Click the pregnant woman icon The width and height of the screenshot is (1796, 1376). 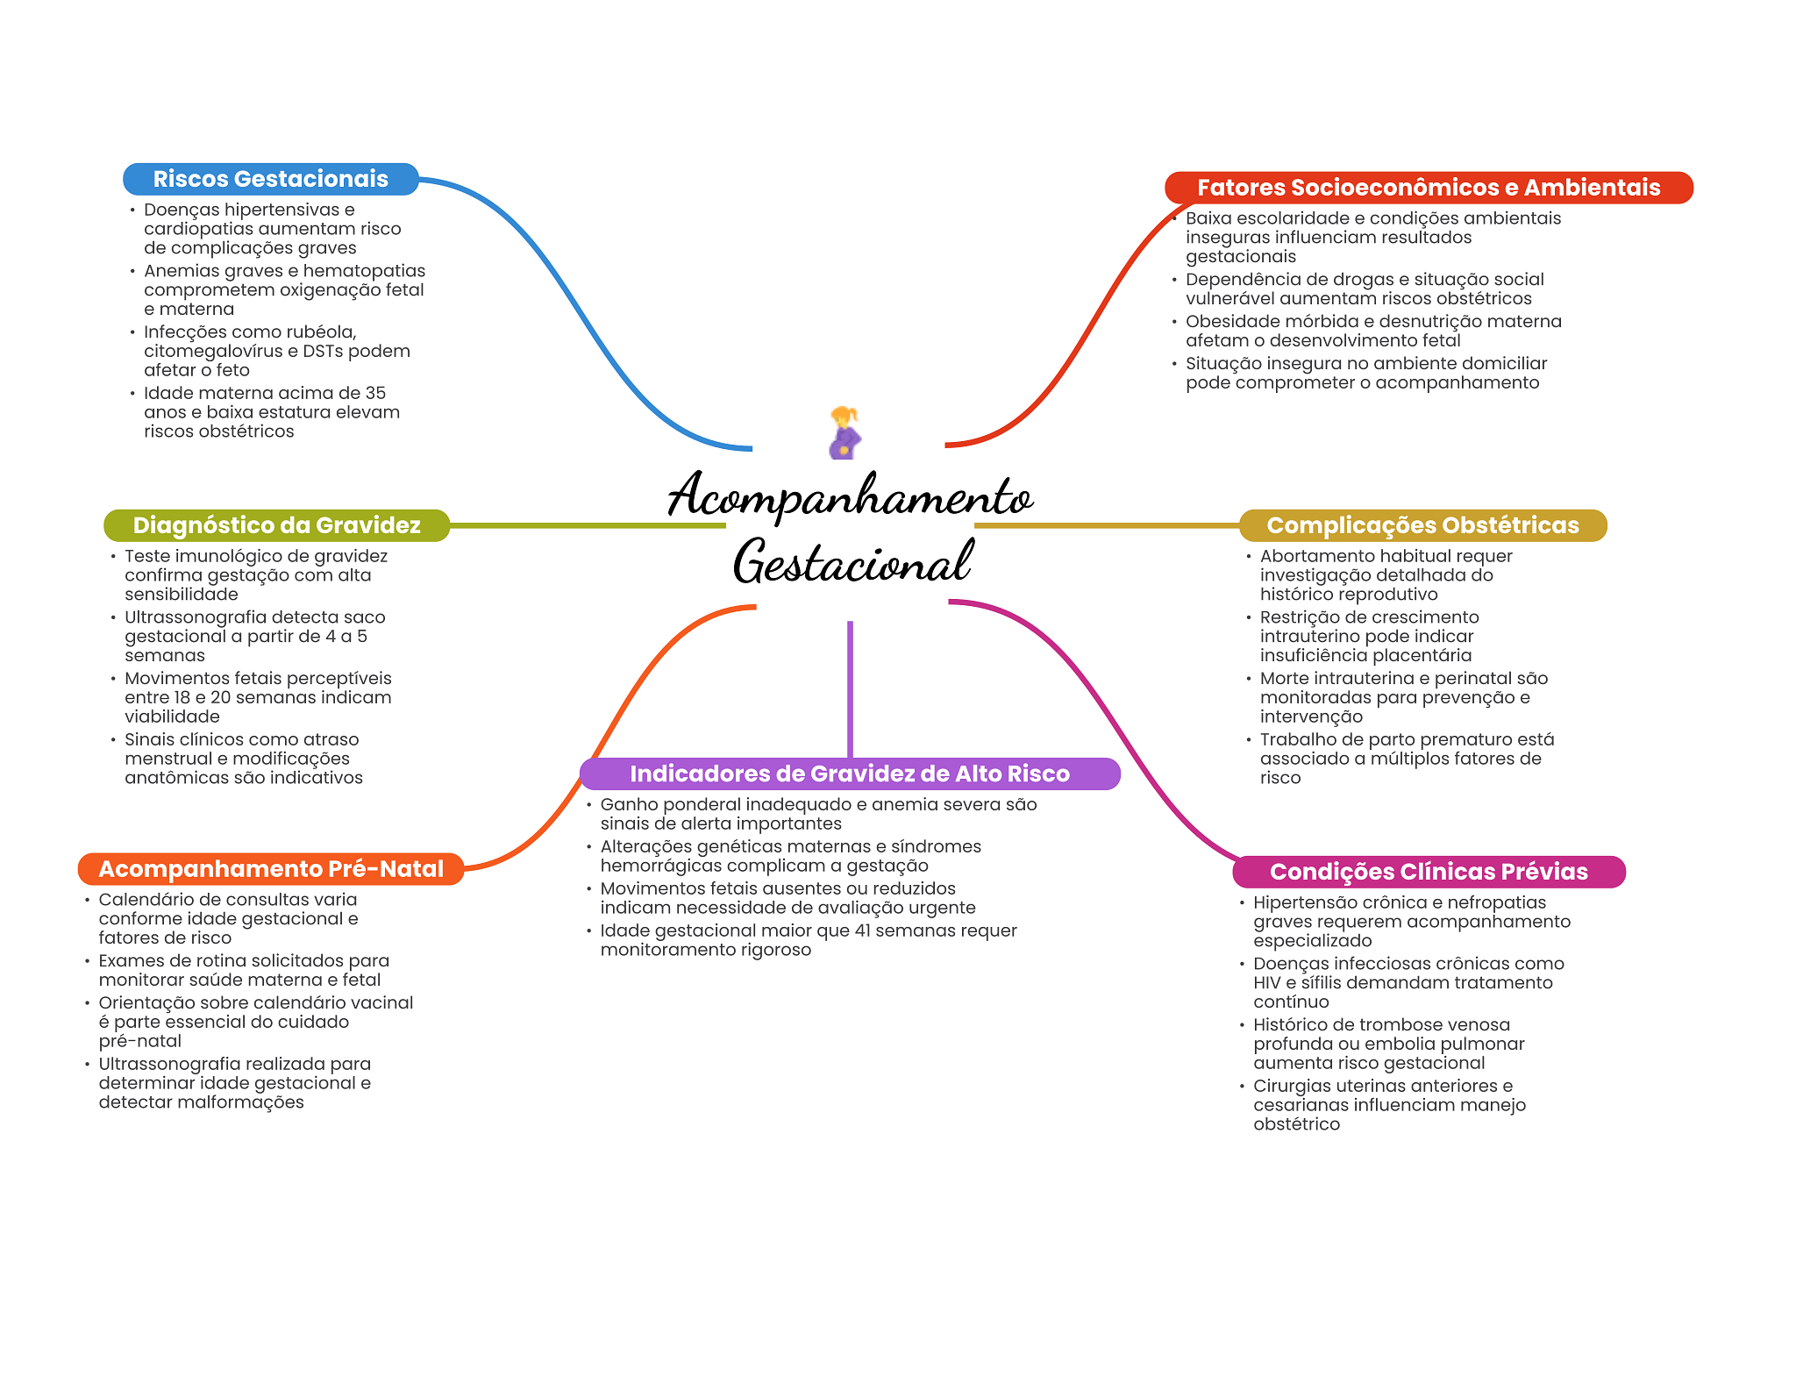pos(845,433)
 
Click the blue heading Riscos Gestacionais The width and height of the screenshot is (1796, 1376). pos(270,179)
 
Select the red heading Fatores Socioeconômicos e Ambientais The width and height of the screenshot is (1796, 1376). pos(1428,188)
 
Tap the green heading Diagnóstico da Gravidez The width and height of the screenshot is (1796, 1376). pos(276,525)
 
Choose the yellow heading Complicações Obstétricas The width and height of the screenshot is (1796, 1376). pos(1422,525)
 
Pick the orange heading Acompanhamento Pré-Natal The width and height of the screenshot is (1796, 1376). pos(271,869)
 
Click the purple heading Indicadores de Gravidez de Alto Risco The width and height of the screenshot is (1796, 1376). pos(849,774)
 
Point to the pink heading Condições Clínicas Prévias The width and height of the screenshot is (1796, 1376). pos(1428,872)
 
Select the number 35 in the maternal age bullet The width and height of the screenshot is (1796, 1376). pos(375,394)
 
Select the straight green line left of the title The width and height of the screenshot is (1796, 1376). pos(588,526)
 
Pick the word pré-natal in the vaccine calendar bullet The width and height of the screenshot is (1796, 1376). pos(140,1042)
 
